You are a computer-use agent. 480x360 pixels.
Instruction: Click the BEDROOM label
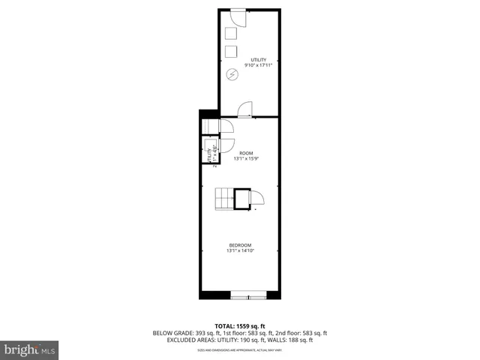tap(240, 244)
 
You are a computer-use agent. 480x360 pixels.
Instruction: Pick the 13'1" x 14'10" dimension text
tap(240, 250)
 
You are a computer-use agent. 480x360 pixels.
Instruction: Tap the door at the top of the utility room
tap(235, 18)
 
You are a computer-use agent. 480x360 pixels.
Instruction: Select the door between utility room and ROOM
tap(244, 110)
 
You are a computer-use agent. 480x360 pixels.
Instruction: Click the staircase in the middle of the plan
tap(224, 199)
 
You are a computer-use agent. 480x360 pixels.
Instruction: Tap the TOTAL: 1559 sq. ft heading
tap(240, 325)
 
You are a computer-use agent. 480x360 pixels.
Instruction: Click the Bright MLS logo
tap(30, 349)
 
